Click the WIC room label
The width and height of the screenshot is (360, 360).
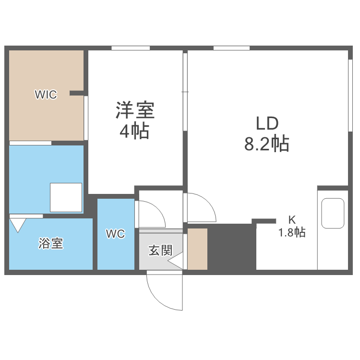[46, 95]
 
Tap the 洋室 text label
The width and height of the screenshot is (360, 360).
[134, 111]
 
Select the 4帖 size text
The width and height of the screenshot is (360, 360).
[134, 131]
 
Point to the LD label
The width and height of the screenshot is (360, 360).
[267, 124]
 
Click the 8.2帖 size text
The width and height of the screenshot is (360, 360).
[267, 144]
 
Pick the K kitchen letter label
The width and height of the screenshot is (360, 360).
[292, 220]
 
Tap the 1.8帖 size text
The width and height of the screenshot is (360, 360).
[292, 233]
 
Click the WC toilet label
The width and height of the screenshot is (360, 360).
[116, 234]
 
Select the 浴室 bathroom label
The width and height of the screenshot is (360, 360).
[51, 243]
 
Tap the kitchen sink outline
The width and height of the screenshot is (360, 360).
[333, 213]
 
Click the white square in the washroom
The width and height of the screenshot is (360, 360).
[66, 197]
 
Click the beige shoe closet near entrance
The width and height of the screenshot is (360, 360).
[197, 249]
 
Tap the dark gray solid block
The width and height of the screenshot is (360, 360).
[231, 247]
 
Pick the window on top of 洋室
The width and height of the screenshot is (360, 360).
[131, 48]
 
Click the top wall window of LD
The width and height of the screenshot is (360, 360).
[231, 48]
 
